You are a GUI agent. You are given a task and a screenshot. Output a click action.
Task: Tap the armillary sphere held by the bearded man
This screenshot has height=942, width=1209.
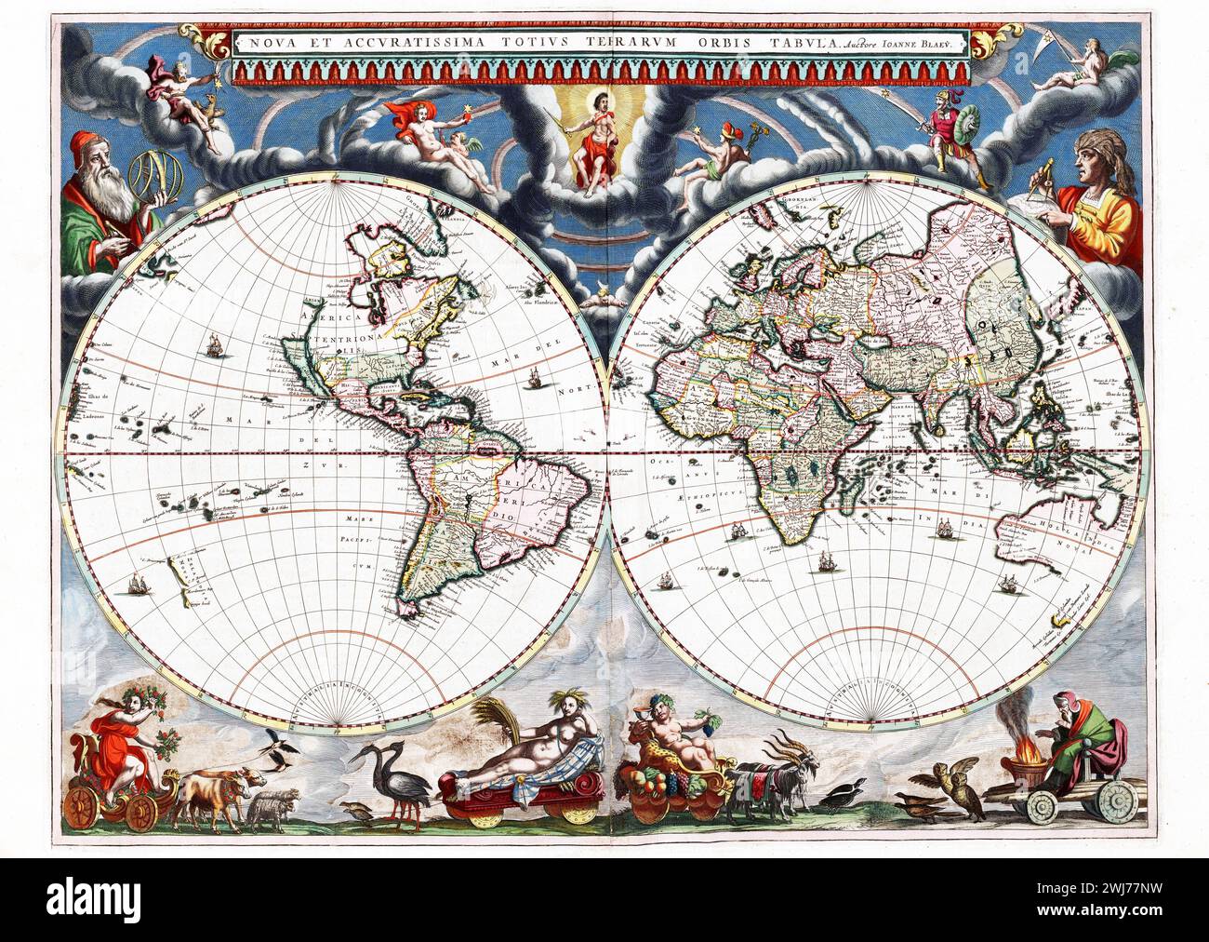tap(153, 177)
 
